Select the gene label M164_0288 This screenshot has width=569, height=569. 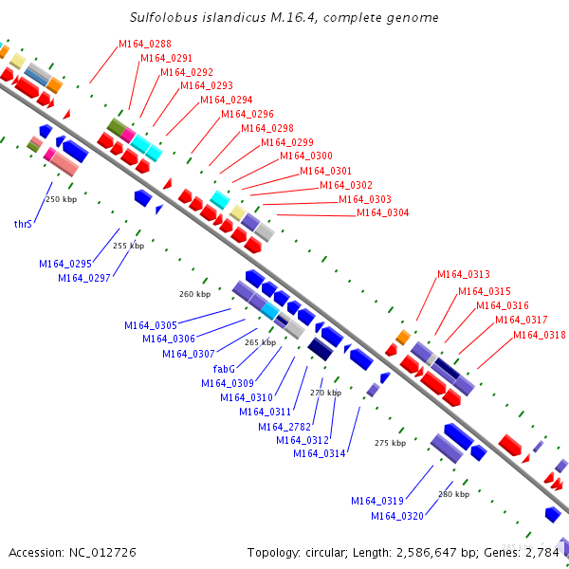[x=145, y=44]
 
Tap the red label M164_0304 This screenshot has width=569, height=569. [x=383, y=212]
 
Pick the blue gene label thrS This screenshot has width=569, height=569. [x=23, y=225]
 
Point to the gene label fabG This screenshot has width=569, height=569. [x=224, y=368]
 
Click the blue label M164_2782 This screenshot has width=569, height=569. [x=284, y=426]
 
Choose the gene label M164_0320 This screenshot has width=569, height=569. [x=397, y=515]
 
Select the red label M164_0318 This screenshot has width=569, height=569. [x=540, y=335]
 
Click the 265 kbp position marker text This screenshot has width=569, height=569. [x=260, y=342]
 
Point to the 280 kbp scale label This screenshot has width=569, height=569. [x=453, y=494]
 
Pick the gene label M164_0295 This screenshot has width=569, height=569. [x=65, y=264]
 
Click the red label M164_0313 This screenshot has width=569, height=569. [x=464, y=275]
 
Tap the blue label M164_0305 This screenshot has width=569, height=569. [x=151, y=325]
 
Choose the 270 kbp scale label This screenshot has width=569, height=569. [x=325, y=393]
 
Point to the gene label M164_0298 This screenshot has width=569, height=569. [x=267, y=128]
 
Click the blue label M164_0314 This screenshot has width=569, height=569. [x=320, y=453]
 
